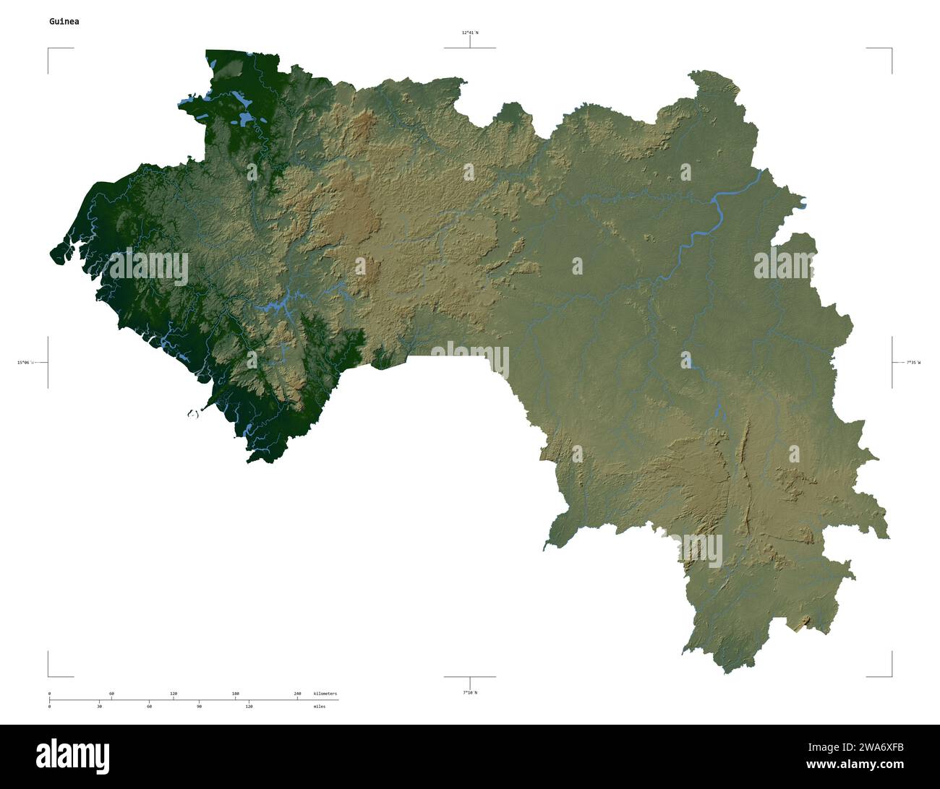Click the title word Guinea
(64, 22)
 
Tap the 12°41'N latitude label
(470, 33)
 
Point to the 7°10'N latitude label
(470, 693)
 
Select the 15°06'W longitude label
(24, 362)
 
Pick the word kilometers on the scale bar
(325, 694)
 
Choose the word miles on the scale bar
(319, 706)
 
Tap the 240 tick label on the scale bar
(297, 694)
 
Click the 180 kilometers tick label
(235, 694)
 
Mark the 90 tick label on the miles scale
(199, 706)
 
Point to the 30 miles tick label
(99, 706)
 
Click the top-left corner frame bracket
(51, 51)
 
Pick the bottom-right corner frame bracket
(889, 674)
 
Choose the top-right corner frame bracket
(889, 51)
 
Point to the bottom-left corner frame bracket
(51, 674)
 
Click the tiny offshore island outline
(192, 414)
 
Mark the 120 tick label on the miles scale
(249, 706)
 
